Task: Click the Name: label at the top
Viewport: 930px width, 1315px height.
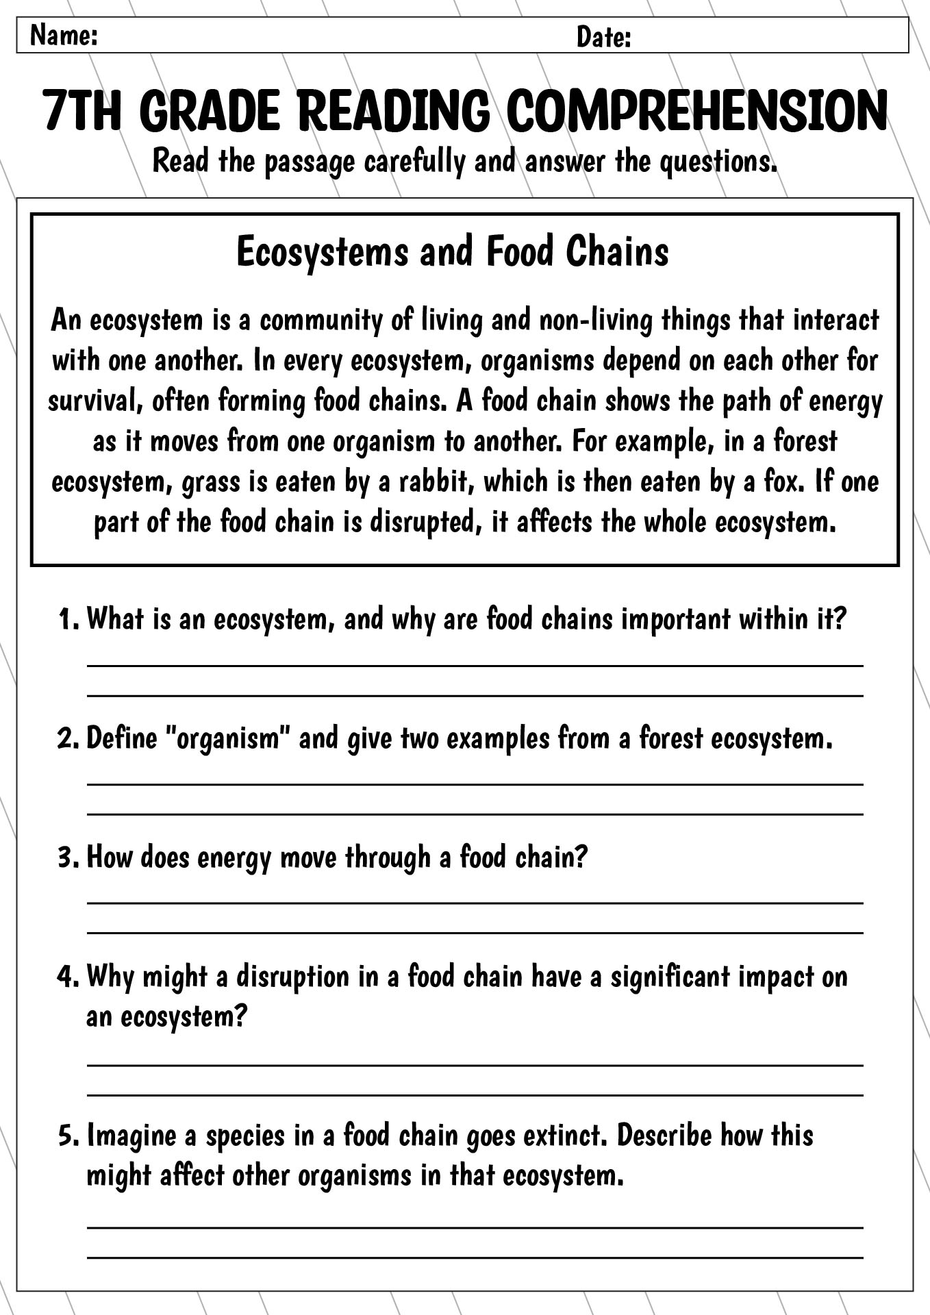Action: (64, 36)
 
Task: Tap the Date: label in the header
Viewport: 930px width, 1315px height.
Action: (603, 37)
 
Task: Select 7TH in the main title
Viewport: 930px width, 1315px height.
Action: (81, 111)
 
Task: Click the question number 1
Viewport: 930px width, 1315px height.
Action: (68, 619)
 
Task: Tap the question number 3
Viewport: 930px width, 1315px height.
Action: (68, 857)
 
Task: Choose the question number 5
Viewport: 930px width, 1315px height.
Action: (68, 1136)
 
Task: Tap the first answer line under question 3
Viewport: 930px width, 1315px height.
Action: (475, 903)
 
